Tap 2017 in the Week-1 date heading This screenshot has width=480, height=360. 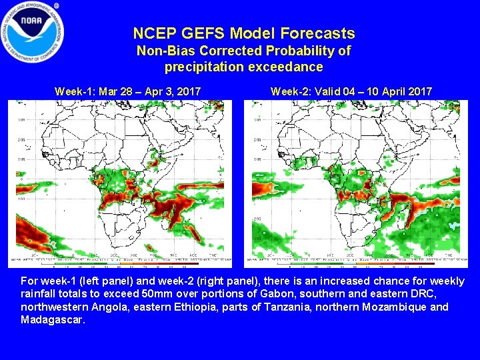click(x=189, y=91)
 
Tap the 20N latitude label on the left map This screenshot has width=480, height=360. click(x=21, y=140)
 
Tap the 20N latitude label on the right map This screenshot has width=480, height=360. click(x=257, y=140)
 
